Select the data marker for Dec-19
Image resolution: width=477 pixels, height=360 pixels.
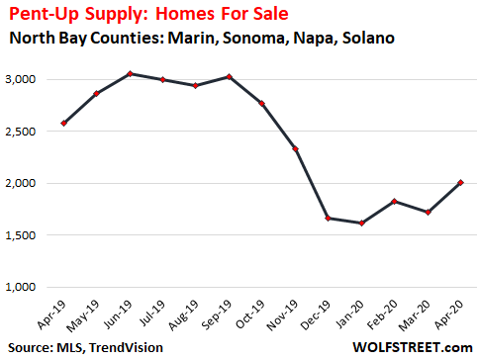(x=299, y=219)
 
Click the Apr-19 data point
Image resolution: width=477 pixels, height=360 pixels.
(x=64, y=124)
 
